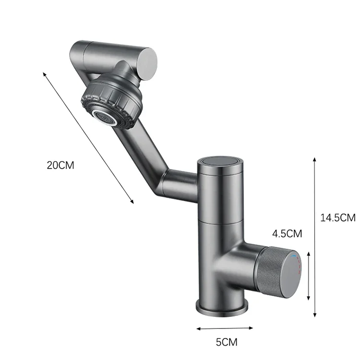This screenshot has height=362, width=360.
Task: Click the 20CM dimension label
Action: (60, 165)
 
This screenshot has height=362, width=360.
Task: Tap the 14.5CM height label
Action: (338, 217)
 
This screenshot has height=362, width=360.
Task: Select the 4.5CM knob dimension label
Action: (287, 234)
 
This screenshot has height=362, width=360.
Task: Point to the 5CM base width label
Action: (227, 342)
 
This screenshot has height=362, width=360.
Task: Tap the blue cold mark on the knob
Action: (293, 256)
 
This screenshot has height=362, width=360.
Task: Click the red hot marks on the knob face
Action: (299, 265)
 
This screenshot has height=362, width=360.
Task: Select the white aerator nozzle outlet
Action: (104, 118)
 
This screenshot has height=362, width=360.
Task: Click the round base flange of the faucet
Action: (222, 308)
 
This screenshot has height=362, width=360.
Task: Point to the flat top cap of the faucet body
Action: (220, 161)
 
